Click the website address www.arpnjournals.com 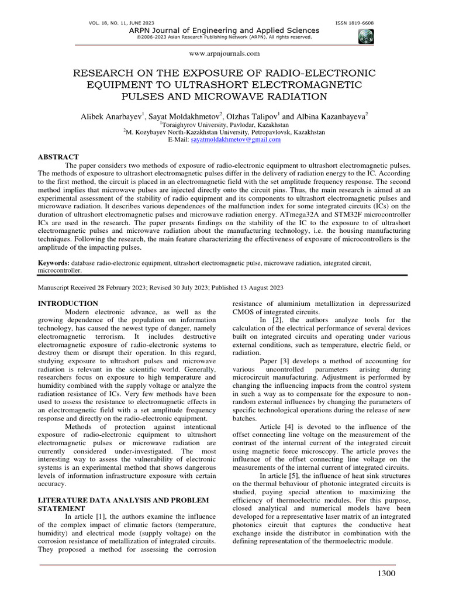coord(224,54)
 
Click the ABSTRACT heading coord(58,157)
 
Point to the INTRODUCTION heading coord(68,304)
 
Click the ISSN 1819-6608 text coord(354,23)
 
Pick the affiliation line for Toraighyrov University coord(224,125)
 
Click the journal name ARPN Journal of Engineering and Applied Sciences coord(224,30)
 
